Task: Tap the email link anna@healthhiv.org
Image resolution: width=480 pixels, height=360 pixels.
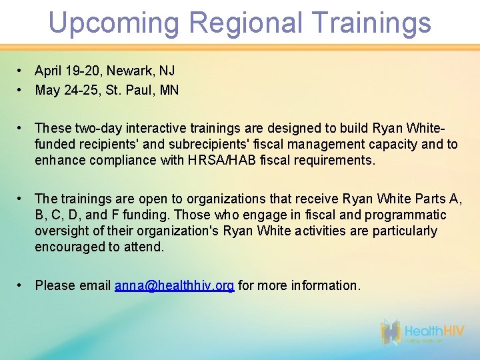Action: [174, 285]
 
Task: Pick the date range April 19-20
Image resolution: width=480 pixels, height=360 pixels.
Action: [66, 71]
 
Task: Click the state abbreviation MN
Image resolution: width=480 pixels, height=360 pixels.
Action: [169, 90]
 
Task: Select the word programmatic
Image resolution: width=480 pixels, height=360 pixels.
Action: [404, 215]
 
